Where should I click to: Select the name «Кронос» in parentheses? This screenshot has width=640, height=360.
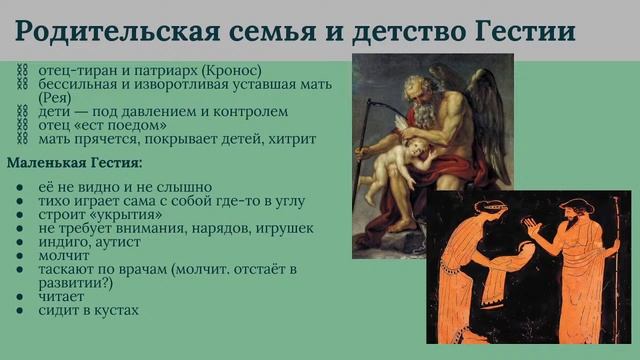point(229,71)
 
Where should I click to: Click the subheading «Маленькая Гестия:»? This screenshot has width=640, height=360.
point(75,162)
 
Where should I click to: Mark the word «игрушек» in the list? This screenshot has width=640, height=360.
point(284,228)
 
